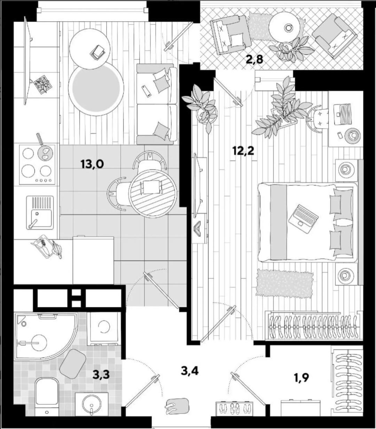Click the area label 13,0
(92, 164)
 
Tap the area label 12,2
(243, 151)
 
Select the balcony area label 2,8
(254, 60)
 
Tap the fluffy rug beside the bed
(284, 283)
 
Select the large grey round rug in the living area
(96, 89)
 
